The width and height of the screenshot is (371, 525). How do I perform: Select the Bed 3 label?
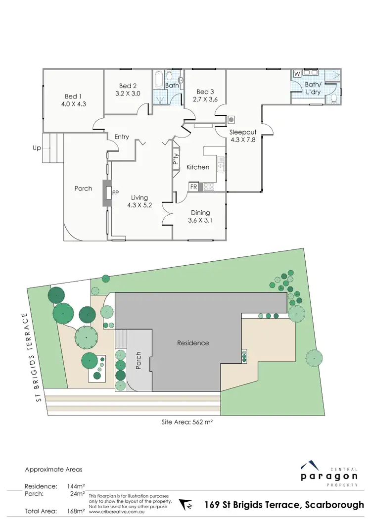click(205, 92)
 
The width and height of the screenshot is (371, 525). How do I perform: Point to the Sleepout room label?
click(241, 132)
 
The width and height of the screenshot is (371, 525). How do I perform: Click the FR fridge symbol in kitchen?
click(193, 187)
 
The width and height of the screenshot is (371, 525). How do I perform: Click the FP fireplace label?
click(115, 193)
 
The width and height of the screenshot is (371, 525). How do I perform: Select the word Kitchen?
click(198, 167)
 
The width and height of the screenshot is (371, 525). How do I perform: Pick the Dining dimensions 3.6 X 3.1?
click(200, 221)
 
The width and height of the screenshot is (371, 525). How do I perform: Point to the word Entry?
click(122, 137)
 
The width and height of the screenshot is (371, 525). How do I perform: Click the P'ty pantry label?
click(176, 159)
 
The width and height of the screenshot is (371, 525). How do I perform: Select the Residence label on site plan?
click(193, 343)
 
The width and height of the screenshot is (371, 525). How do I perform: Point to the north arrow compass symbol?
click(186, 506)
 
